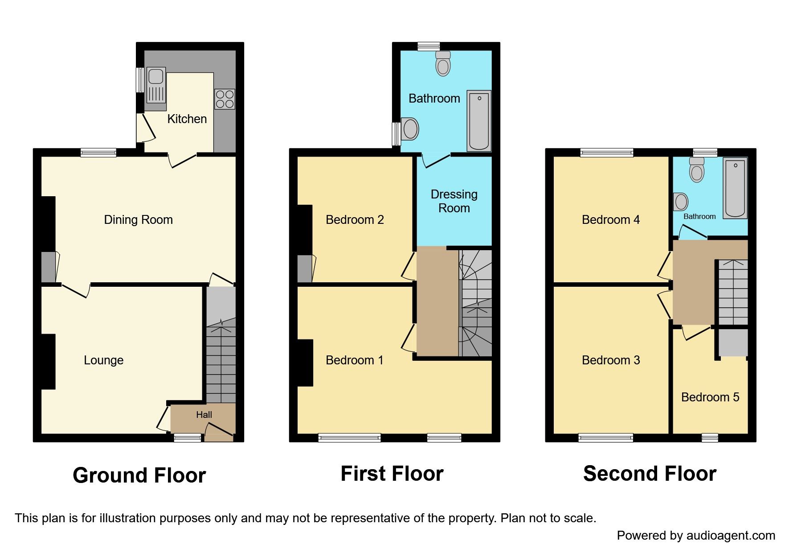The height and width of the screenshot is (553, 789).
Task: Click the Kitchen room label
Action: click(x=187, y=119)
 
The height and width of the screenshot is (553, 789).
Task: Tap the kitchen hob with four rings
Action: click(x=225, y=99)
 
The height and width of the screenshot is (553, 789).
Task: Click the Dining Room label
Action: click(x=138, y=219)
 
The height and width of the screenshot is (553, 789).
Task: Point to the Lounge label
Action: click(x=103, y=360)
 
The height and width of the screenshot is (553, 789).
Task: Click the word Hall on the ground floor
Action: click(x=204, y=415)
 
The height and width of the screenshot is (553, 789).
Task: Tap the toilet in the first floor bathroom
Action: click(x=443, y=63)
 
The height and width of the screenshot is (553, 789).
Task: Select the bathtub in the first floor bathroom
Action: click(x=479, y=120)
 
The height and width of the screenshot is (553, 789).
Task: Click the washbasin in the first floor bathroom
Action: click(x=410, y=129)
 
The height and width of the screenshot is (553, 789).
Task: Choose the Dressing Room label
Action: click(x=454, y=201)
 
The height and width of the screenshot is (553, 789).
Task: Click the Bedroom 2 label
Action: click(x=355, y=219)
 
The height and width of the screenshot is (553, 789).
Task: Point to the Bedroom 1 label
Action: click(x=354, y=360)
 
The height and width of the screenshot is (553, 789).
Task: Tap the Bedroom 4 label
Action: click(x=610, y=219)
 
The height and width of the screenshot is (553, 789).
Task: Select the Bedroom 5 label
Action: click(x=710, y=397)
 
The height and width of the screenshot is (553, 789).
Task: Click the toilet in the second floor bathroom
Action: click(x=696, y=170)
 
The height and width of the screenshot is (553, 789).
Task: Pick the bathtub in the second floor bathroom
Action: click(x=735, y=187)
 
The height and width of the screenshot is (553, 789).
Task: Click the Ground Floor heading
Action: click(x=139, y=475)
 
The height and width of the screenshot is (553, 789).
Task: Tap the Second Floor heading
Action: click(x=649, y=474)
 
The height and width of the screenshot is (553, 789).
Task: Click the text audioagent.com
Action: click(x=731, y=536)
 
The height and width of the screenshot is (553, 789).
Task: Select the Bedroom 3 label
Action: click(x=610, y=360)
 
